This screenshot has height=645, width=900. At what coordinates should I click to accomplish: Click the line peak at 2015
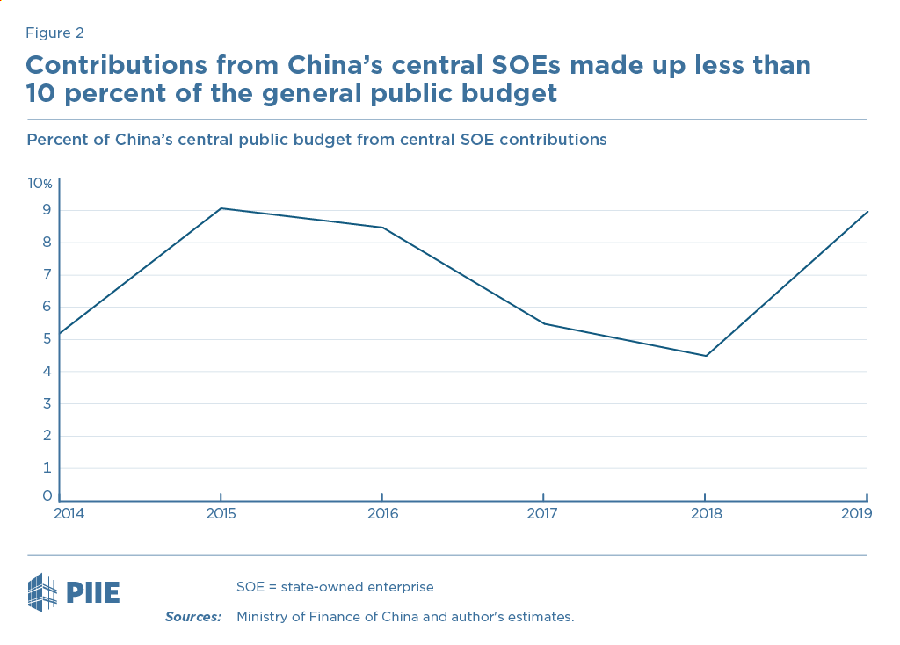pos(221,208)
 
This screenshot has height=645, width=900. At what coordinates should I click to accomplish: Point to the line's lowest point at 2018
pos(706,356)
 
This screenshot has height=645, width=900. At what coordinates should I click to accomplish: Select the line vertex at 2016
pos(382,228)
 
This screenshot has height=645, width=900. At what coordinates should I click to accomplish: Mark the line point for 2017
pos(544,323)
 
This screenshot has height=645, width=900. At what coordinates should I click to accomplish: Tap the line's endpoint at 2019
pos(867,212)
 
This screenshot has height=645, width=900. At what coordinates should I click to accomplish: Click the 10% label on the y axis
pos(40,183)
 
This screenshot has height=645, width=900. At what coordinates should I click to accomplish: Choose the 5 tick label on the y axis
pos(47,338)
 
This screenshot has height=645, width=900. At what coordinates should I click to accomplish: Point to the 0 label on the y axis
pos(47,496)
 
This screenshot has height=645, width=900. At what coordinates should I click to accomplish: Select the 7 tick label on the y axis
pos(47,274)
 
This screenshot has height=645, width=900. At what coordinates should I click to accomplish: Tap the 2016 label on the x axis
pos(382,513)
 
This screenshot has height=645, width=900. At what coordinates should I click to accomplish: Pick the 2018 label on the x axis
pos(706,513)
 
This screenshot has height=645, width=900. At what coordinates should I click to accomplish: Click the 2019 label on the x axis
pos(856,513)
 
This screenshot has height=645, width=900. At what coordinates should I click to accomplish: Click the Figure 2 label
pos(54,33)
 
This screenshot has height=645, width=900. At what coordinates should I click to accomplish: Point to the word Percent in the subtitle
pos(56,140)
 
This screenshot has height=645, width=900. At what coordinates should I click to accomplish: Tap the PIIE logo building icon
pos(44,591)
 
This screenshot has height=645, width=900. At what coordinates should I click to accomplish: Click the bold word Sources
pos(192,617)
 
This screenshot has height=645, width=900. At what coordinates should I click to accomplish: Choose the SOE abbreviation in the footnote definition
pos(250,586)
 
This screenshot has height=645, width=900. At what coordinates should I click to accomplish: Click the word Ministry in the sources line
pos(264,617)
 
